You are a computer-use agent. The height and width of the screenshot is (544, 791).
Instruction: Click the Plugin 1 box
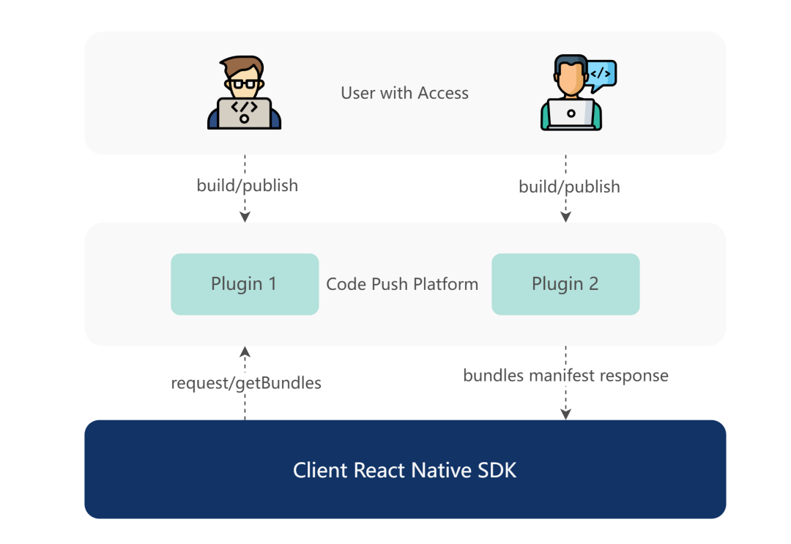(x=245, y=284)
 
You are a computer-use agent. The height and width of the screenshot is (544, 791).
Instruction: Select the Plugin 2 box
(x=565, y=284)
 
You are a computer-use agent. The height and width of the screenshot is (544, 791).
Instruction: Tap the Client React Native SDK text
(x=404, y=470)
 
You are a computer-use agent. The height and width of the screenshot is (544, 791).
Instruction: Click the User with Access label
(x=404, y=93)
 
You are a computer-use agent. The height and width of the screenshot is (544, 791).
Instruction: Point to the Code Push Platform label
(x=402, y=284)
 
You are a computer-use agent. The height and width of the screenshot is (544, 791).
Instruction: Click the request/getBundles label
(x=246, y=383)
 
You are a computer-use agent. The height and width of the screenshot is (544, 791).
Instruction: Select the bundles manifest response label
(x=565, y=375)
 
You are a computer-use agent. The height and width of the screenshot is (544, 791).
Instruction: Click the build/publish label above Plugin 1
(x=248, y=185)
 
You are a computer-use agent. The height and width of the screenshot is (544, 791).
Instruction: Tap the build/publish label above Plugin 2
(x=569, y=187)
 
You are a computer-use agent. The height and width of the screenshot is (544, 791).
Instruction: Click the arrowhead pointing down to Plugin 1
(x=245, y=217)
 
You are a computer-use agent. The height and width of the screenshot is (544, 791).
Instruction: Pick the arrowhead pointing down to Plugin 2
(x=565, y=217)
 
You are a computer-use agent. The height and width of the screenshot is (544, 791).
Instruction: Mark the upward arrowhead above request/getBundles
(x=245, y=352)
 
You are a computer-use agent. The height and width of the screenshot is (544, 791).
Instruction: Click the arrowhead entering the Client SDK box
(x=565, y=414)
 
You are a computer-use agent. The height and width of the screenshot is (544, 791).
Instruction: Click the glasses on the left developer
(x=244, y=84)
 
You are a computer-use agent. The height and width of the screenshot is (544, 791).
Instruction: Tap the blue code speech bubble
(x=601, y=75)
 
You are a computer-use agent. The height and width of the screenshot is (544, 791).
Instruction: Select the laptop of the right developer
(x=571, y=114)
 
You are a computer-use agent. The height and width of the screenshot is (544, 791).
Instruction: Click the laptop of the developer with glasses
(x=244, y=113)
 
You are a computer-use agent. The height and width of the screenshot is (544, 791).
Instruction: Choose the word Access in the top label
(x=443, y=93)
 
